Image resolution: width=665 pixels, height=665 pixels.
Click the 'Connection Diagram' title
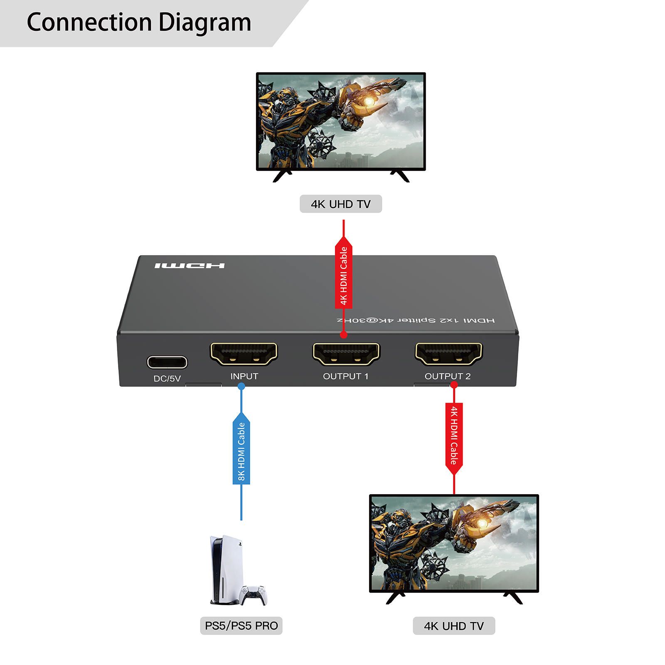point(139,22)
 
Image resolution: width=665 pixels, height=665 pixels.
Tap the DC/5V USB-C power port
point(167,362)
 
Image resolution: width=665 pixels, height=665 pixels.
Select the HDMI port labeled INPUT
point(244,354)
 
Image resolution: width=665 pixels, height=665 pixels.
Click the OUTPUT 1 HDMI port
point(346,354)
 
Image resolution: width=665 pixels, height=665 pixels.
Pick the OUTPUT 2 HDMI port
point(448,354)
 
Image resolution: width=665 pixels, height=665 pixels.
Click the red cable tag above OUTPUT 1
point(343,274)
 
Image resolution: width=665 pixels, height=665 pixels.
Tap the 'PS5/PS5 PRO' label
point(241,626)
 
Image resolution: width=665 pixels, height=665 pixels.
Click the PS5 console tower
point(224,569)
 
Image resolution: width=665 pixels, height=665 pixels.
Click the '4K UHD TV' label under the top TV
point(340,204)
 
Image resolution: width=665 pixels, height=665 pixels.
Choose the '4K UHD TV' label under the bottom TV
point(454,626)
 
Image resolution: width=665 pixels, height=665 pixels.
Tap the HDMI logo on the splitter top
point(190,266)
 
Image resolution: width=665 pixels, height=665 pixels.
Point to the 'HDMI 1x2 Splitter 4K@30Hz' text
point(416,320)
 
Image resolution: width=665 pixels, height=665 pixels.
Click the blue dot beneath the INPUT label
point(241,386)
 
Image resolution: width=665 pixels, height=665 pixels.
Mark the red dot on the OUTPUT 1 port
point(343,335)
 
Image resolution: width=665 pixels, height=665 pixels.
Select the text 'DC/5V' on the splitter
point(167,379)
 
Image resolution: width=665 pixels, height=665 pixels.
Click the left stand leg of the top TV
point(282,176)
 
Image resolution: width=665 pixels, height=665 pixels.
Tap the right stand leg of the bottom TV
point(514,598)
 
